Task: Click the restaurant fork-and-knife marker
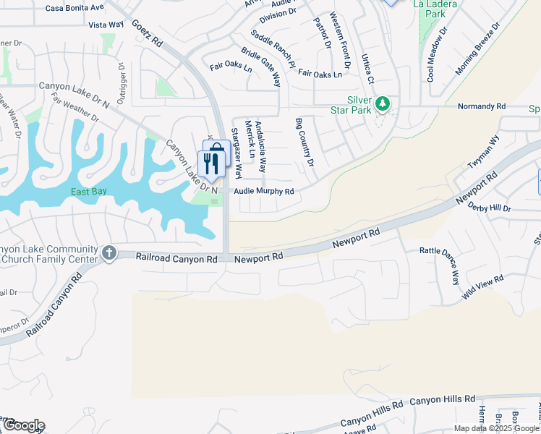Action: (x=210, y=164)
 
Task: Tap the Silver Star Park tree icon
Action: (x=383, y=106)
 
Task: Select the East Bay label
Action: (x=89, y=192)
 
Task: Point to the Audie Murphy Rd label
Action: (x=263, y=192)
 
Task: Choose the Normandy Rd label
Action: (x=481, y=106)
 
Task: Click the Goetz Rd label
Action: (x=147, y=33)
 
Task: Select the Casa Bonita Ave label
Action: (x=74, y=8)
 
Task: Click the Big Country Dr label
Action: (x=304, y=142)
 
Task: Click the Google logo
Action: (x=23, y=425)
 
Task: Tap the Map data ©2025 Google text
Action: (x=497, y=428)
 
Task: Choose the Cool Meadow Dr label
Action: (x=438, y=54)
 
